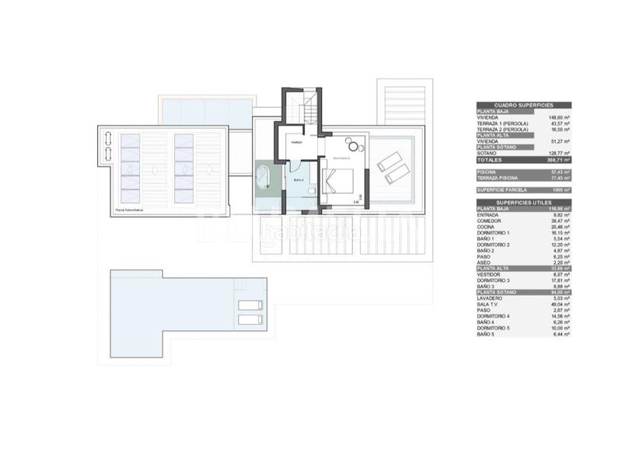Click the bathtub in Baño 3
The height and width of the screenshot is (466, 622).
point(264,176)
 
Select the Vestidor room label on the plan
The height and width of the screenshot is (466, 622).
point(296,143)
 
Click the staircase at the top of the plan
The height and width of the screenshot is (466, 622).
point(309,109)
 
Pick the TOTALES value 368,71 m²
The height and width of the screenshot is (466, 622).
point(559,159)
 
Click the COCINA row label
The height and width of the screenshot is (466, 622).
point(490,226)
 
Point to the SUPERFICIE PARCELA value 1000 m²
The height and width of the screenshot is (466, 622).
point(561,190)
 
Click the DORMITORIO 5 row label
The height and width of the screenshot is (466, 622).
point(498,329)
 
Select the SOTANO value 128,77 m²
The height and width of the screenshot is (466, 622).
point(559,153)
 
